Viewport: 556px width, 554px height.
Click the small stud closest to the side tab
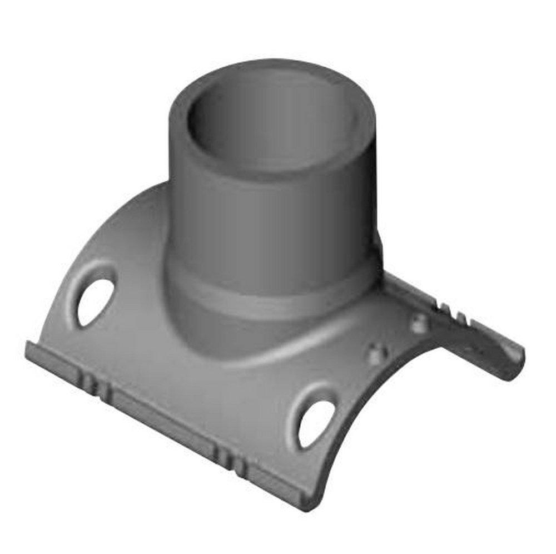tap(419, 323)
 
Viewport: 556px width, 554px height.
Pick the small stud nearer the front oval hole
tap(376, 354)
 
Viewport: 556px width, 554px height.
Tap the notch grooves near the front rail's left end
tap(95, 384)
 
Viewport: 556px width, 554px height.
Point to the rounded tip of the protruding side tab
tap(514, 357)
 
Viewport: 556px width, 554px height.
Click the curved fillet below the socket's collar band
tap(234, 339)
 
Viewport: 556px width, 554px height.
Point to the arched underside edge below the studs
tap(384, 384)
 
